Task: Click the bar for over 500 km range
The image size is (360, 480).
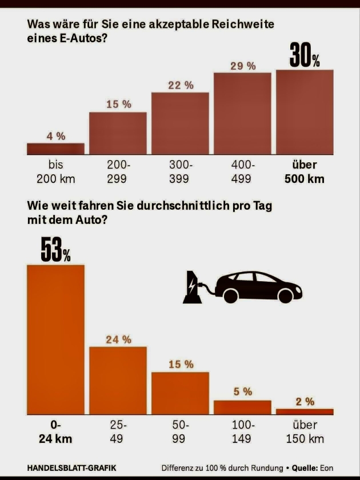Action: pyautogui.click(x=305, y=112)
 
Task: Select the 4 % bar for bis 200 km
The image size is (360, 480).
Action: pyautogui.click(x=55, y=149)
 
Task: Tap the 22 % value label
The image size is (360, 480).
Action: pyautogui.click(x=181, y=85)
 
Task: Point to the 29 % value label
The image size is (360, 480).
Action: pyautogui.click(x=243, y=66)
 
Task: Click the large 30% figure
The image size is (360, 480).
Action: pyautogui.click(x=305, y=55)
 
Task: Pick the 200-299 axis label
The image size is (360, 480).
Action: pyautogui.click(x=118, y=171)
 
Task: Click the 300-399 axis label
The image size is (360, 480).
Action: pyautogui.click(x=181, y=171)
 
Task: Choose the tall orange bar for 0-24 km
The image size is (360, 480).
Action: pyautogui.click(x=55, y=339)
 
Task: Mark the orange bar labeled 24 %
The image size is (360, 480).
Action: pyautogui.click(x=118, y=380)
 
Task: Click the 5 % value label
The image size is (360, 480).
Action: pyautogui.click(x=243, y=391)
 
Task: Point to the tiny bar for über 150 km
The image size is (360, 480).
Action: pyautogui.click(x=305, y=411)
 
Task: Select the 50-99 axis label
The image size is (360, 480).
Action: pyautogui.click(x=181, y=432)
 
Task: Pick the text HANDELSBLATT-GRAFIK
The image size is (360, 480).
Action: pyautogui.click(x=71, y=467)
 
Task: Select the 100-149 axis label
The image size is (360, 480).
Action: pyautogui.click(x=242, y=432)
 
